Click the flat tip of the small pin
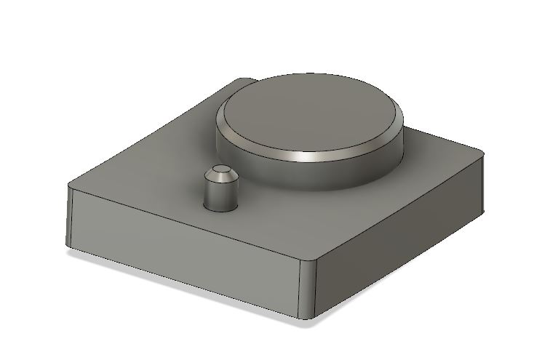[x=220, y=172]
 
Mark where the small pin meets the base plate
[x=220, y=210]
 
